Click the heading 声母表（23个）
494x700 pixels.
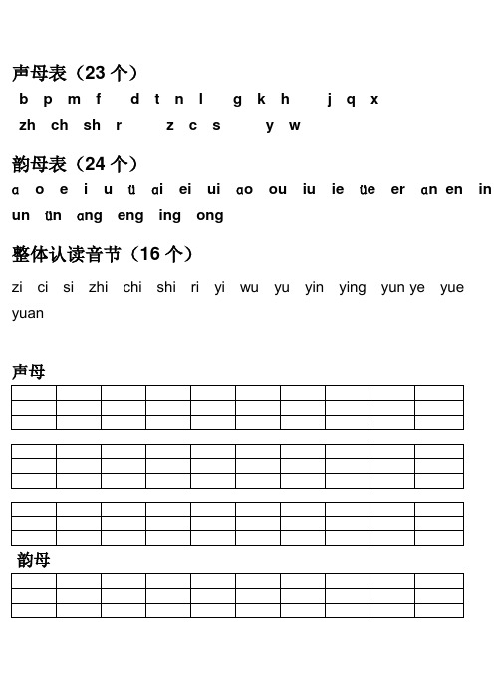pyautogui.click(x=75, y=72)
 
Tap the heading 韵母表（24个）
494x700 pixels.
pyautogui.click(x=75, y=163)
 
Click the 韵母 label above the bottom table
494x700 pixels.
pyautogui.click(x=34, y=560)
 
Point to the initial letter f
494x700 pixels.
pyautogui.click(x=98, y=100)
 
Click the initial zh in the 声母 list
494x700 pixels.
pyautogui.click(x=27, y=126)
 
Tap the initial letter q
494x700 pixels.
pyautogui.click(x=351, y=100)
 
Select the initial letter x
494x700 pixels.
pyautogui.click(x=374, y=100)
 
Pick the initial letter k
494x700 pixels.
pyautogui.click(x=261, y=100)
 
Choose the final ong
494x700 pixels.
pyautogui.click(x=210, y=216)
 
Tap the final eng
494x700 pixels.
pyautogui.click(x=130, y=216)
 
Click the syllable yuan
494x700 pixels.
pyautogui.click(x=28, y=313)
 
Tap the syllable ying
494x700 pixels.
pyautogui.click(x=353, y=288)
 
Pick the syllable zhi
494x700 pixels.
pyautogui.click(x=99, y=288)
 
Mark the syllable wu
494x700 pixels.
pyautogui.click(x=249, y=288)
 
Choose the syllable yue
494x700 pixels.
pyautogui.click(x=451, y=288)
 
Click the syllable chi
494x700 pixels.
pyautogui.click(x=132, y=288)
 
